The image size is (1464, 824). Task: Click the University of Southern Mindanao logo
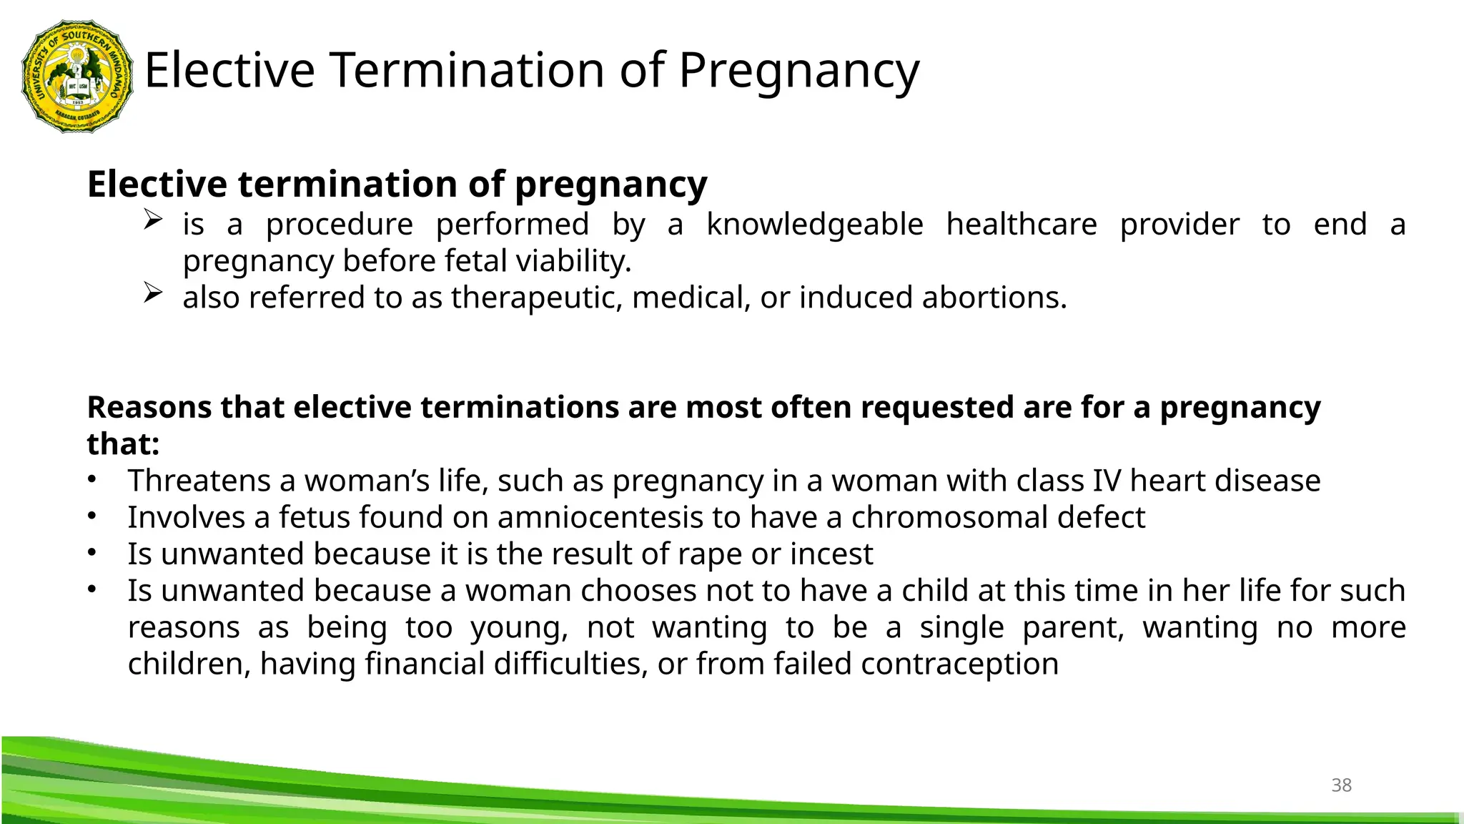coord(78,76)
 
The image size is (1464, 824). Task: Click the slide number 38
coord(1341,785)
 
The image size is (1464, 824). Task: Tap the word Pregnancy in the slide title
coord(798,71)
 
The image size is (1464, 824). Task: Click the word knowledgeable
coord(814,225)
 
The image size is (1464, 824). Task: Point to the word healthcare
coord(1021,225)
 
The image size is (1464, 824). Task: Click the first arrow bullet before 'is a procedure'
coord(153,219)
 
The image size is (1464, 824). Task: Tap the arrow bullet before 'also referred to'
coord(153,293)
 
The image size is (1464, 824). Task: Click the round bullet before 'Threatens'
coord(91,480)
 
